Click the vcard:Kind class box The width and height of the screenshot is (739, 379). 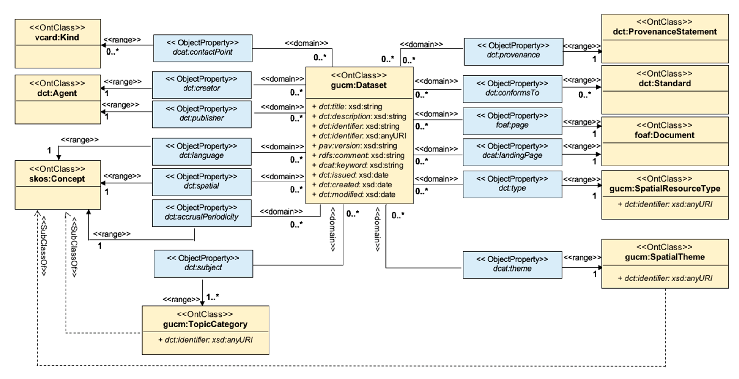pos(58,44)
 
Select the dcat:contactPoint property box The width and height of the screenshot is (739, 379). pos(203,48)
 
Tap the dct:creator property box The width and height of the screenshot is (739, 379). pos(202,85)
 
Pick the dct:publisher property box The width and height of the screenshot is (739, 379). pos(202,114)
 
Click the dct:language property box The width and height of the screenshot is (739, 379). pos(202,152)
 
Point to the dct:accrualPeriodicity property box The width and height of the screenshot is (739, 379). pos(202,213)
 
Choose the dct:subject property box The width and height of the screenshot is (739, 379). pos(203,263)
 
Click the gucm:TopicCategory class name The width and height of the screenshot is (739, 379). pos(205,324)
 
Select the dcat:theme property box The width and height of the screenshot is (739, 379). pos(512,265)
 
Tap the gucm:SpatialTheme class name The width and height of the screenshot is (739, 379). pos(665,257)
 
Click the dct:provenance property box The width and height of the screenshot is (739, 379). pos(514,52)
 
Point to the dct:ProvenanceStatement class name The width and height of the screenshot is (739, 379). pos(665,31)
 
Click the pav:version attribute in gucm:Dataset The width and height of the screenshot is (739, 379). pos(355,146)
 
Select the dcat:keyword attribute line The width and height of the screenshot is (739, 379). pos(358,165)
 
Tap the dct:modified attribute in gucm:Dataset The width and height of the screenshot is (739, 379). pos(354,194)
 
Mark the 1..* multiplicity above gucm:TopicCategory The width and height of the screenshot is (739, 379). pos(213,297)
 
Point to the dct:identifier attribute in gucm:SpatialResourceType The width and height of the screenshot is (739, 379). pos(665,204)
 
